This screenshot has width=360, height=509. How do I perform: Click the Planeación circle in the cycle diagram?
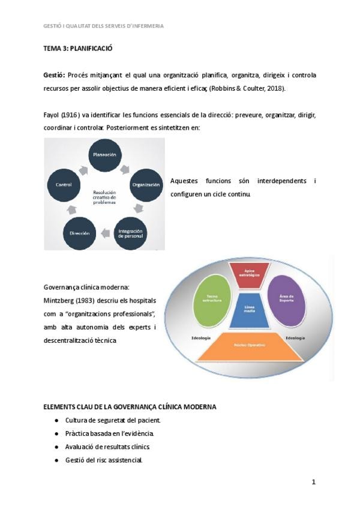[104, 155]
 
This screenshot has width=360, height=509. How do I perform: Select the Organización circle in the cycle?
[145, 184]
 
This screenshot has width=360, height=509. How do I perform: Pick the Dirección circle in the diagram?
[79, 233]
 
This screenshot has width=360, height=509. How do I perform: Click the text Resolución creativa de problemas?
[104, 197]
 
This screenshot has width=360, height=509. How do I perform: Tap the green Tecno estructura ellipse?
[212, 298]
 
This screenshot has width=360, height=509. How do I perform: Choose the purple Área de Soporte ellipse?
[286, 298]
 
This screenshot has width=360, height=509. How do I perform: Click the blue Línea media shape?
[250, 310]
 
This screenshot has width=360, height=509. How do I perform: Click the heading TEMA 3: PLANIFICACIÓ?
[78, 48]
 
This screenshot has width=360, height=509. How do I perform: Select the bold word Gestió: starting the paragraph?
[54, 75]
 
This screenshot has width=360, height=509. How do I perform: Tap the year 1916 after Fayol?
[71, 115]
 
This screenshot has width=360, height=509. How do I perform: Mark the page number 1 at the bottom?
[313, 481]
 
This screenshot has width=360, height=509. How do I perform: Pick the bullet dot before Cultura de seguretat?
[56, 420]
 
